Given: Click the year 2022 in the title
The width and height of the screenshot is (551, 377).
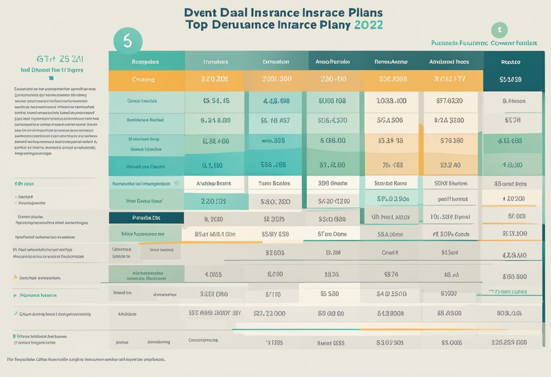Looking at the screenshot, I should click(367, 24).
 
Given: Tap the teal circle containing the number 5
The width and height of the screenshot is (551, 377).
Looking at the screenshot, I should click(127, 41).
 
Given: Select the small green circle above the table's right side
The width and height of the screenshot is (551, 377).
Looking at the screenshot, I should click(499, 30).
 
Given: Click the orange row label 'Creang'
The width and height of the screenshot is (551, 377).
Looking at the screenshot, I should click(143, 79).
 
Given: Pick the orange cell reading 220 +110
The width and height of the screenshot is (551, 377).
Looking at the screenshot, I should click(333, 79).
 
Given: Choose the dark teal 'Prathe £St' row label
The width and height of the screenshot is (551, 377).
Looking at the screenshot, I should click(146, 218).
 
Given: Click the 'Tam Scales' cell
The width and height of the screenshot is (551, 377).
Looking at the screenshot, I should click(275, 184).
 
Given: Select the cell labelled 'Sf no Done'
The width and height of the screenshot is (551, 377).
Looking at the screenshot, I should click(332, 234).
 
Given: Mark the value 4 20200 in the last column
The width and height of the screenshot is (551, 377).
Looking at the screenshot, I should click(514, 198).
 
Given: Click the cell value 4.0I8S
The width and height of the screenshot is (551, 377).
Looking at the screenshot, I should click(213, 274).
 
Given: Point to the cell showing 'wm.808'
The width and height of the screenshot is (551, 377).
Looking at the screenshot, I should click(273, 140).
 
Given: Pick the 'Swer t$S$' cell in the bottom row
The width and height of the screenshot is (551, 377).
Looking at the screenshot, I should click(332, 343).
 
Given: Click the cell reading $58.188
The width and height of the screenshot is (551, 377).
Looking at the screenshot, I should click(273, 165).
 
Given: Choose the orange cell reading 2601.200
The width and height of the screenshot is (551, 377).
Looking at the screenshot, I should click(276, 79).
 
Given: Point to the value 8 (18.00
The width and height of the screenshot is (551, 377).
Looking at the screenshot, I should click(333, 140).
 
